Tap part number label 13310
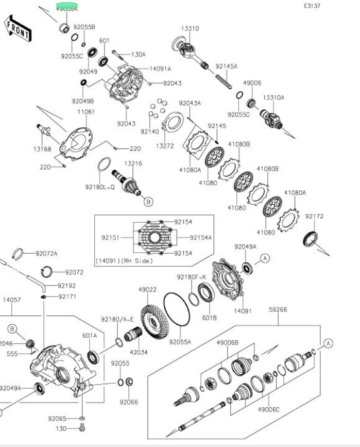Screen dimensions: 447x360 click(x=190, y=28)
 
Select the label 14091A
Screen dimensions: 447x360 click(x=160, y=69)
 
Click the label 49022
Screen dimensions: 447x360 click(x=147, y=290)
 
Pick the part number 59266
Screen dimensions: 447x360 click(x=278, y=310)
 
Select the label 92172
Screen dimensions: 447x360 click(x=314, y=217)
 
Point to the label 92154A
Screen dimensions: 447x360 click(x=201, y=238)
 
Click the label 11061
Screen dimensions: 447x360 click(x=85, y=111)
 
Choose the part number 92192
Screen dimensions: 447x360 click(x=66, y=285)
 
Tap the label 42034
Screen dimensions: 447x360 click(x=139, y=352)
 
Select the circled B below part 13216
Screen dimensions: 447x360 click(x=148, y=202)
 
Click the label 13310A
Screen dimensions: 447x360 click(x=273, y=97)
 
